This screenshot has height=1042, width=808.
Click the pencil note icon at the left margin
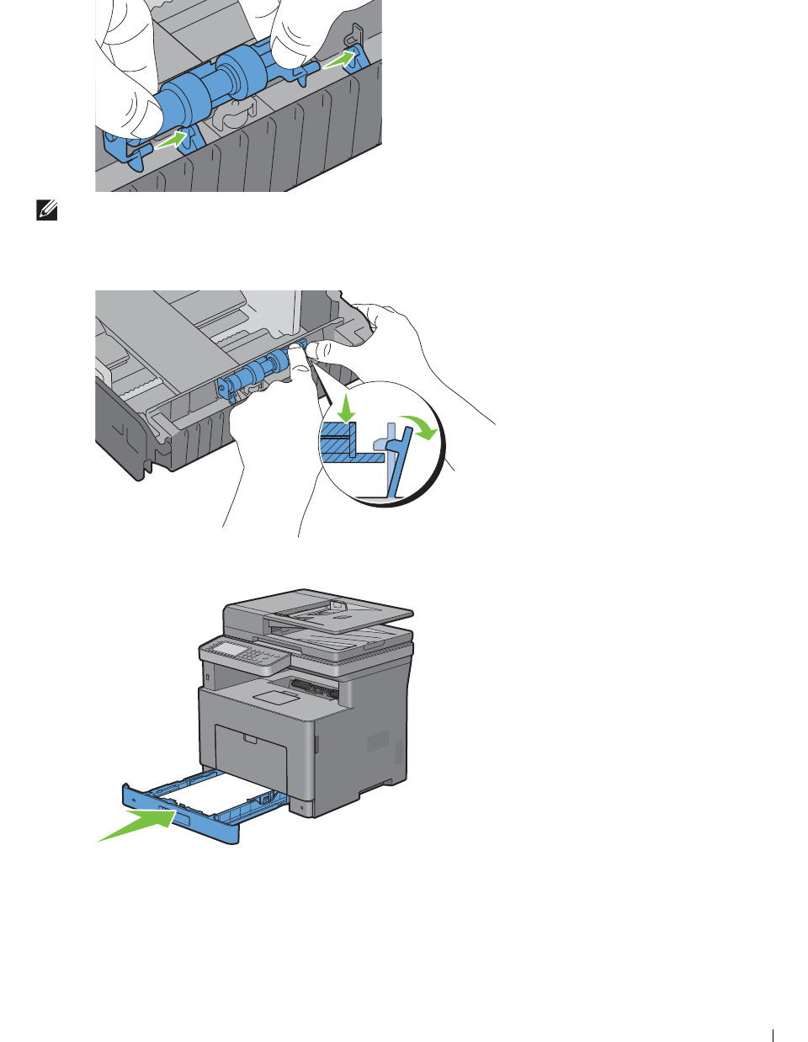click(x=48, y=211)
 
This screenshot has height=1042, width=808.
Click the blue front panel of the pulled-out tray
click(x=181, y=816)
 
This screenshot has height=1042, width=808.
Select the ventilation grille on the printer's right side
click(x=378, y=742)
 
